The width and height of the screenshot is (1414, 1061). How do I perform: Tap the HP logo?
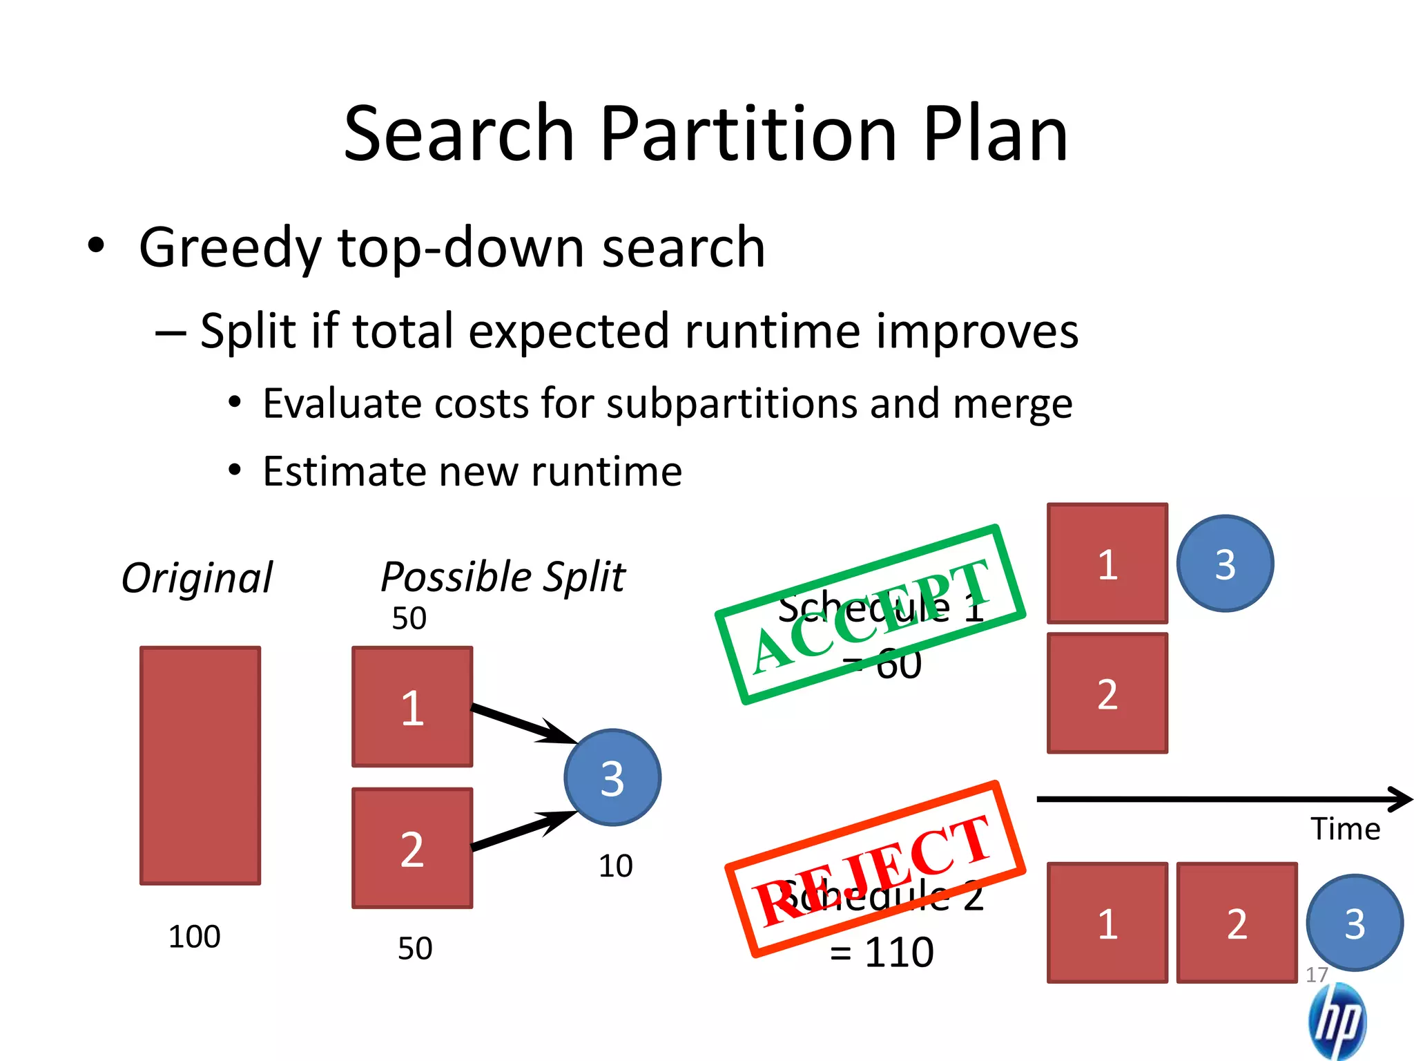pos(1337,1021)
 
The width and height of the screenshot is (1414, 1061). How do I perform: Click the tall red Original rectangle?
pos(200,765)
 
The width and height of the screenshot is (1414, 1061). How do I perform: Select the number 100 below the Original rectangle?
pos(195,937)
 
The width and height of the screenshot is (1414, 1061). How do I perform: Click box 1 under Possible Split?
pos(412,707)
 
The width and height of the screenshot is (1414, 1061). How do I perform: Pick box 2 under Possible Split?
pos(412,848)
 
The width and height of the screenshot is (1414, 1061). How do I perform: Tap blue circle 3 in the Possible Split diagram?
pos(612,778)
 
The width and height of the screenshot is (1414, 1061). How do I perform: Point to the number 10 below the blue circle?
pos(615,866)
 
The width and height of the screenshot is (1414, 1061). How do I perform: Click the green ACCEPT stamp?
pos(870,615)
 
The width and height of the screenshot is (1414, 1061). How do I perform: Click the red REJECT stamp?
pos(875,869)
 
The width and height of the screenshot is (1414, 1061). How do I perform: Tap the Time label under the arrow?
pos(1346,829)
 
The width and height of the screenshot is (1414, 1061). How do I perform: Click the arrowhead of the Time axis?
pos(1402,799)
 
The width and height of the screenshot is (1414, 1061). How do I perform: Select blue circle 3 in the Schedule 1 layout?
pos(1225,564)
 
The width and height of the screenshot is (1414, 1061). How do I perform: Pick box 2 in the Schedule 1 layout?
pos(1107,693)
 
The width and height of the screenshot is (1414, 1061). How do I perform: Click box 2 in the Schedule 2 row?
pos(1237,923)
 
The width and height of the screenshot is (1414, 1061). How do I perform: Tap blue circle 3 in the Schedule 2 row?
pos(1355,923)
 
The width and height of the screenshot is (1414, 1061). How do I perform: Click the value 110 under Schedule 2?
pos(899,952)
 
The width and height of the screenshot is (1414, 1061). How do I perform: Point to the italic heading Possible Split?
pos(503,577)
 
